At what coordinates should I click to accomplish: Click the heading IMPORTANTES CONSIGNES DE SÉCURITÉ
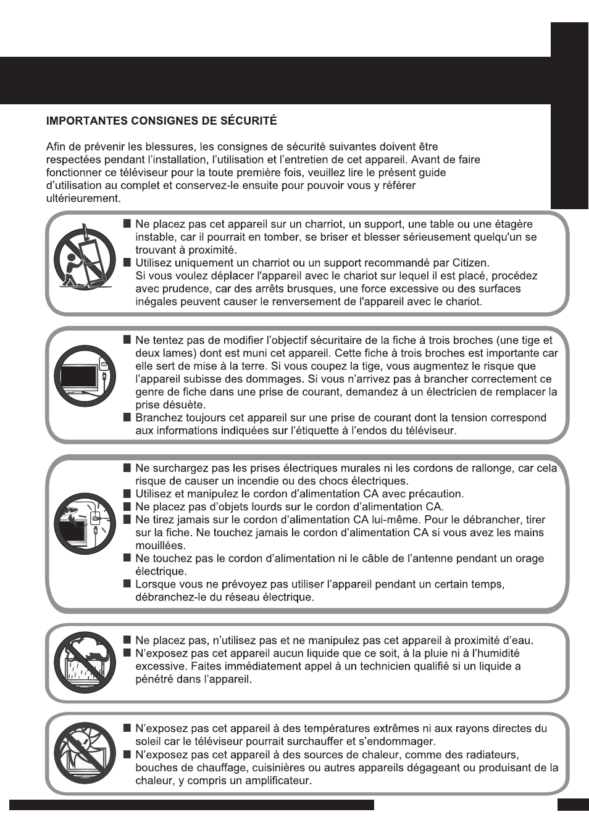[x=161, y=121]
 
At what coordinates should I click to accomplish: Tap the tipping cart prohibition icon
[x=84, y=262]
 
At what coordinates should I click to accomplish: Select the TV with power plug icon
[x=84, y=376]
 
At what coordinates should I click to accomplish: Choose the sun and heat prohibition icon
[x=84, y=753]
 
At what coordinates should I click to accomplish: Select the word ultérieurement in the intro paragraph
[x=83, y=199]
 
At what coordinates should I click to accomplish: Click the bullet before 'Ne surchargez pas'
[x=127, y=468]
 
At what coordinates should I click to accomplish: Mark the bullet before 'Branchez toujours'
[x=127, y=417]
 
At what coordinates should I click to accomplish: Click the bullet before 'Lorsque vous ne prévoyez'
[x=127, y=584]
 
